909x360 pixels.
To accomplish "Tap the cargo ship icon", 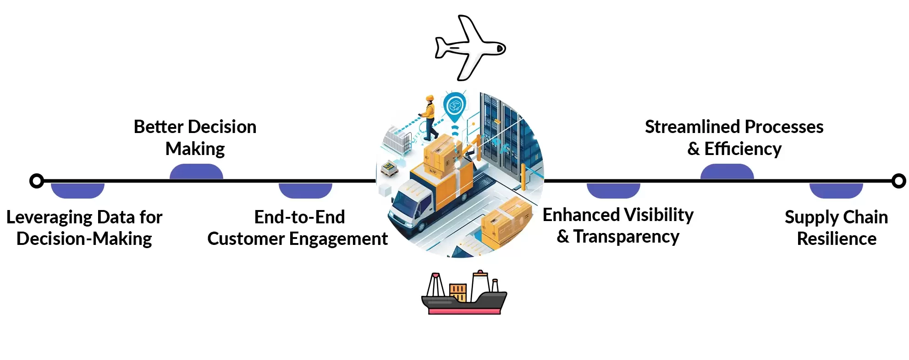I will coord(464,294).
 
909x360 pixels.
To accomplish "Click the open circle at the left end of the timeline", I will coord(37,181).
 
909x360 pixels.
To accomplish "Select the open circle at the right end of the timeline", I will coord(899,181).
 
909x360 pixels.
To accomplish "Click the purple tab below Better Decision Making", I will coord(196,172).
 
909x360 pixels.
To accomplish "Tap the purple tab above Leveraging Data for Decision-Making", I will coord(77,190).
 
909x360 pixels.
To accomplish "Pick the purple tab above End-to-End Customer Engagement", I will coord(305,190).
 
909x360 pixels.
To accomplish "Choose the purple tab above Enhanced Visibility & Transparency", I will coord(613,190).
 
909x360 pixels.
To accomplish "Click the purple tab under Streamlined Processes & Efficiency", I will coord(727,172).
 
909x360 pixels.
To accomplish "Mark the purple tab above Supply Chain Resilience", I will coord(836,190).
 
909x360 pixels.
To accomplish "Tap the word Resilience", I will coord(837,239).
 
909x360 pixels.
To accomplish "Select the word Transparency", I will coord(626,237).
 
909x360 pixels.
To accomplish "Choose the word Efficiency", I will coord(743,149).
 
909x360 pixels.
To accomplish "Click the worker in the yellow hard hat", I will coord(430,117).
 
